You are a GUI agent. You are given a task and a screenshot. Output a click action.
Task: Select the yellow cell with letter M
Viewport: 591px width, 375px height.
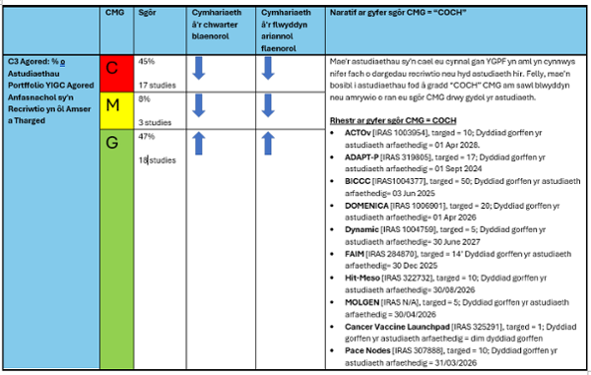click(x=113, y=105)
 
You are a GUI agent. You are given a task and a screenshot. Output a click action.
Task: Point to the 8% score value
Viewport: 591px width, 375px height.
click(x=144, y=98)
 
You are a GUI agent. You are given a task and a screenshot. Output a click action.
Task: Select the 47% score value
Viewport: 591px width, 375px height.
click(x=147, y=136)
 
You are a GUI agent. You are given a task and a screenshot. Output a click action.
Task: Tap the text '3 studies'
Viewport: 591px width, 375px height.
click(x=156, y=123)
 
